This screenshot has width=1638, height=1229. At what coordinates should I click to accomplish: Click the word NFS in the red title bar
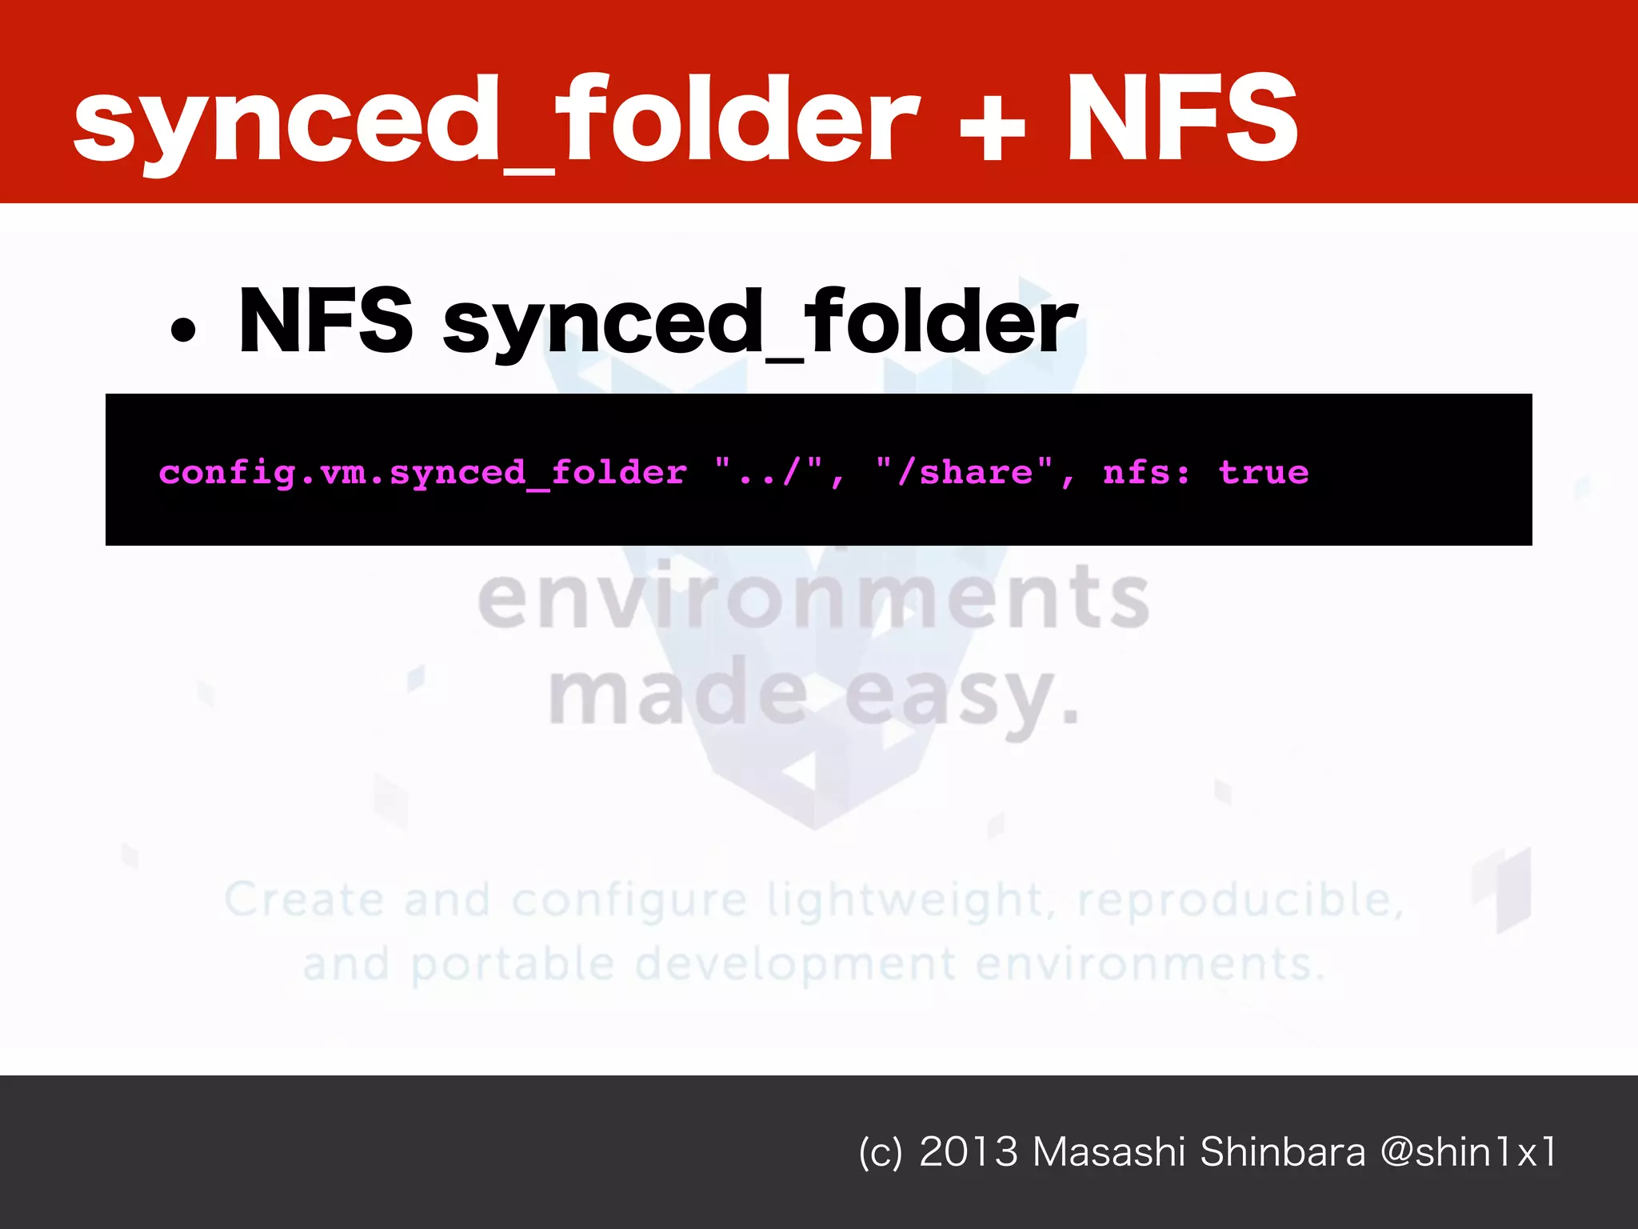click(1181, 118)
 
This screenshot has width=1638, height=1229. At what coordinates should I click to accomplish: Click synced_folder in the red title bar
click(496, 120)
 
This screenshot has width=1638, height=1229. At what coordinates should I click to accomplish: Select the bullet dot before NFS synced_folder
click(183, 330)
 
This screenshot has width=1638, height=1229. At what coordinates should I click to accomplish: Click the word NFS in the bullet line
click(326, 320)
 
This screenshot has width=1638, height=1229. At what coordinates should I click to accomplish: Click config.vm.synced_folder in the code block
click(423, 473)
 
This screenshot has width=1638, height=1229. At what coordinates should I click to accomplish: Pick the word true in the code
click(1264, 472)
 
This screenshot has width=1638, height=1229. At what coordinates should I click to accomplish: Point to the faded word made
click(678, 693)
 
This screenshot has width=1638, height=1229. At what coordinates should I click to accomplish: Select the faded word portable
click(513, 964)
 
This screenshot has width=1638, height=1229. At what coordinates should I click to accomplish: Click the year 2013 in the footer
click(969, 1152)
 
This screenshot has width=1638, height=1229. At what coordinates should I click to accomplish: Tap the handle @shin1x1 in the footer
click(1468, 1152)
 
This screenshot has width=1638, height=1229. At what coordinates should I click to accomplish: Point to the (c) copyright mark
click(880, 1153)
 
